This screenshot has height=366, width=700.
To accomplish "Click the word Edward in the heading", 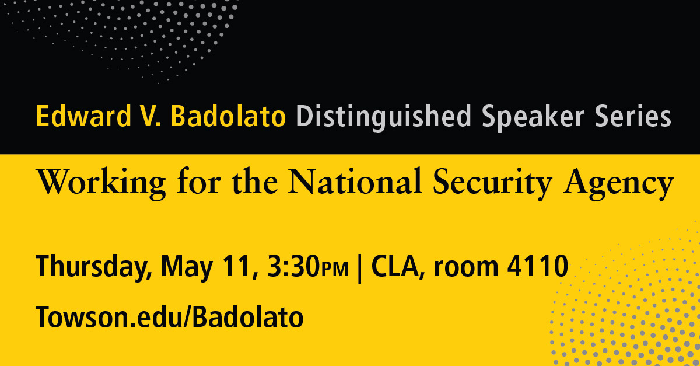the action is (x=83, y=116).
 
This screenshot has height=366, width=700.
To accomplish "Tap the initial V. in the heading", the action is (x=150, y=116).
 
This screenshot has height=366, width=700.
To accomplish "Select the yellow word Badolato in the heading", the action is (x=228, y=116).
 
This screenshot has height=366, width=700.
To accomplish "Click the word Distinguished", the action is (x=383, y=117).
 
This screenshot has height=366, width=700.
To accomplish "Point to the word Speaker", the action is (x=533, y=117).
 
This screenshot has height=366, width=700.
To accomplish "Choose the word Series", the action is (x=633, y=116).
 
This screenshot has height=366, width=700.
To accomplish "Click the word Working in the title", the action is (x=101, y=183).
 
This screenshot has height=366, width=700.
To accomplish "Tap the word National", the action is (x=355, y=181).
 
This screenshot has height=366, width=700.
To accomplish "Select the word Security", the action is (x=492, y=183).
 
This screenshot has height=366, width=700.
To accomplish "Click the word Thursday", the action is (x=94, y=267).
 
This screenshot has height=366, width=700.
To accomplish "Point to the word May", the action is (x=187, y=267).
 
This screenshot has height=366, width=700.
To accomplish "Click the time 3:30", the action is (x=293, y=266).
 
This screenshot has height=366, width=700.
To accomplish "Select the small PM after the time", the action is (x=334, y=270).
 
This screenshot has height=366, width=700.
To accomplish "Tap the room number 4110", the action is (x=537, y=266).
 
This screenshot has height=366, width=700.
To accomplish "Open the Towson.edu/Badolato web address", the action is (x=169, y=316).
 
